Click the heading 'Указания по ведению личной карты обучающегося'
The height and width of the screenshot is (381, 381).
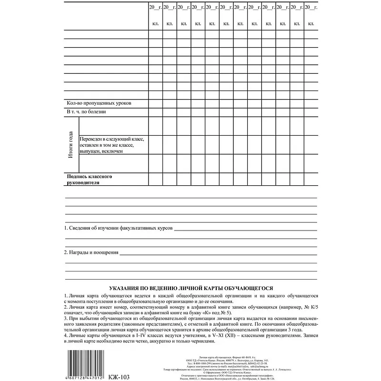coord(190,288)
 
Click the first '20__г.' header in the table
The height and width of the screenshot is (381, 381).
coord(155,8)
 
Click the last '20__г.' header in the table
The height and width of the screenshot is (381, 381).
coord(311,8)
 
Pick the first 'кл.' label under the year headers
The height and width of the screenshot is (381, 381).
coord(155,23)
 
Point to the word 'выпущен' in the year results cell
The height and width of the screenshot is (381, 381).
coord(90,151)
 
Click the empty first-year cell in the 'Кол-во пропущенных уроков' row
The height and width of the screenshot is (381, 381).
coord(155,103)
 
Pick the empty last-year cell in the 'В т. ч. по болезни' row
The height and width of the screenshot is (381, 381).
coord(311,112)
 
